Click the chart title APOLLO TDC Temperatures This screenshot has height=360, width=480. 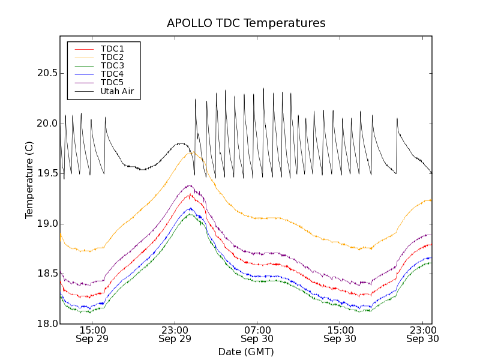coord(246,23)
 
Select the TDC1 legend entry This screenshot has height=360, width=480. coord(112,49)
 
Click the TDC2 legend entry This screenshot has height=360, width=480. coord(112,57)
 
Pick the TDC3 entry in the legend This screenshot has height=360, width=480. coord(112,65)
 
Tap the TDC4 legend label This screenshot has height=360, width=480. coord(112,74)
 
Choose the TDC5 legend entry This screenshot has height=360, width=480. coord(112,82)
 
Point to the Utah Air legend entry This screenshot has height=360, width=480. coord(117,91)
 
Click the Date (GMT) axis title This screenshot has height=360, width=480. coord(246,352)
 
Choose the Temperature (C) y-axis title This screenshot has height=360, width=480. coord(29,180)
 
